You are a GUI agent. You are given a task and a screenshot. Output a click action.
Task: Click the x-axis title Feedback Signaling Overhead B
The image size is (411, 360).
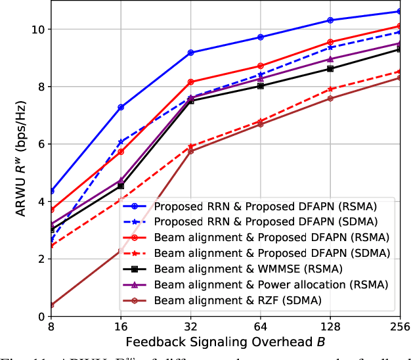[225, 342]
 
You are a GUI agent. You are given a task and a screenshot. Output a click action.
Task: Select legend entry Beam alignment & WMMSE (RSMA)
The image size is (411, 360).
[240, 269]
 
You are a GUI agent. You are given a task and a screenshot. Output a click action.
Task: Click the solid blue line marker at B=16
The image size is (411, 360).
[121, 107]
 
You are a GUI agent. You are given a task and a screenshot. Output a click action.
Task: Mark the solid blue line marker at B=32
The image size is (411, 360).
[190, 53]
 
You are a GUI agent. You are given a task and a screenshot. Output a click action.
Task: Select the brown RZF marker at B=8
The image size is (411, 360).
[51, 305]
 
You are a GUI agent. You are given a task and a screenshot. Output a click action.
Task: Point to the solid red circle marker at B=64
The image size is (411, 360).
[261, 66]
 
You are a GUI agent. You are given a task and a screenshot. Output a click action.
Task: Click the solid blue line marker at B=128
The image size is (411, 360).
[330, 20]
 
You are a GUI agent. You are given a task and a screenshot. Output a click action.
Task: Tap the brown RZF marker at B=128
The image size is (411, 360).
[330, 99]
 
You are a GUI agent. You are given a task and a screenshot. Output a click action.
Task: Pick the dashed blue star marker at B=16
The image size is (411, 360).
[121, 142]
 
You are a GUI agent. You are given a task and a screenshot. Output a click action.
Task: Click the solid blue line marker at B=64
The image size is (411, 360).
[261, 37]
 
